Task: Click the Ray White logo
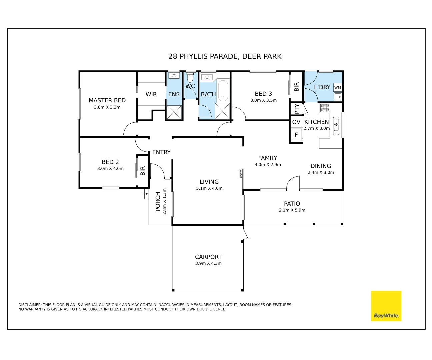(386, 306)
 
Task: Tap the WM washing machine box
(337, 88)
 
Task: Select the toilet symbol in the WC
(190, 78)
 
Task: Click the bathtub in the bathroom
(223, 91)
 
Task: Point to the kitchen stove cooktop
(325, 108)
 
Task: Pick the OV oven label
(296, 122)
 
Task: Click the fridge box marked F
(296, 135)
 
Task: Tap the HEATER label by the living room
(241, 173)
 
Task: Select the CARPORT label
(208, 257)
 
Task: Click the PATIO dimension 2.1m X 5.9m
(292, 210)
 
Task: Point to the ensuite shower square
(174, 112)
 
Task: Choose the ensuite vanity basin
(174, 76)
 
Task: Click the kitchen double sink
(336, 126)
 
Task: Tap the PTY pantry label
(297, 109)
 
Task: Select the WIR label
(151, 94)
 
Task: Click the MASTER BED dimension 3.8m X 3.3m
(107, 107)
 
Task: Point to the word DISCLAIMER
(30, 305)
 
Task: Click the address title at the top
(225, 56)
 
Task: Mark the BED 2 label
(110, 162)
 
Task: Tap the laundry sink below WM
(338, 97)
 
